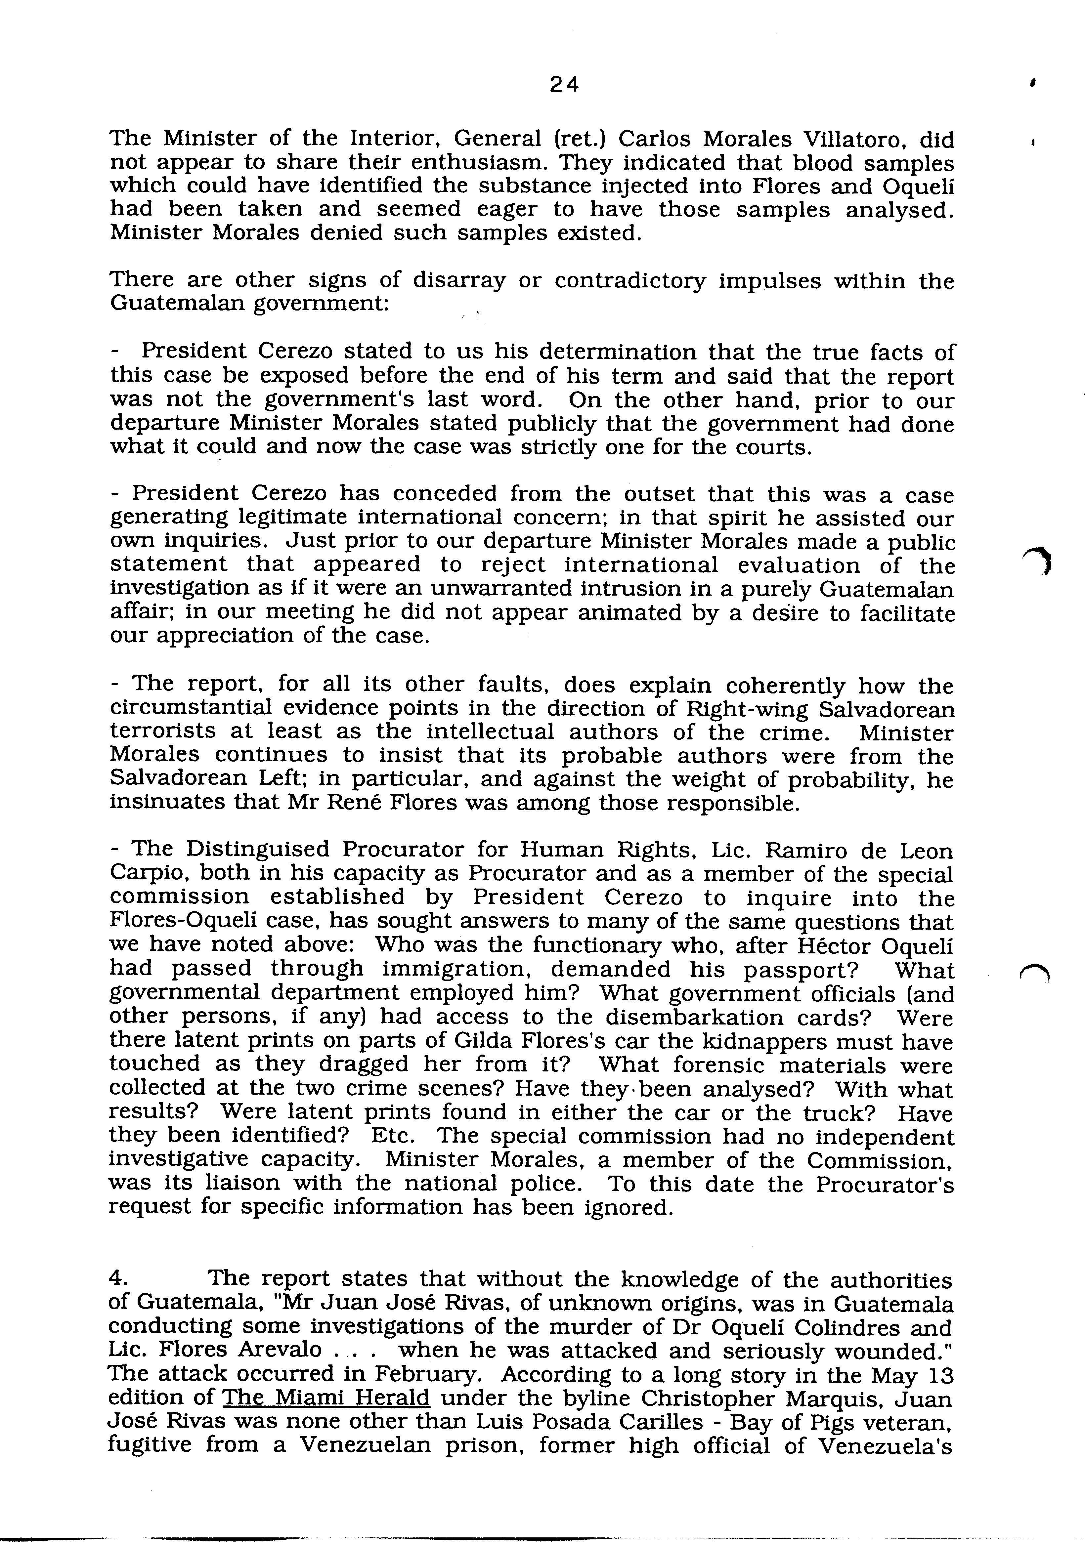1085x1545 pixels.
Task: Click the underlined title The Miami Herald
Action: [x=326, y=1398]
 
